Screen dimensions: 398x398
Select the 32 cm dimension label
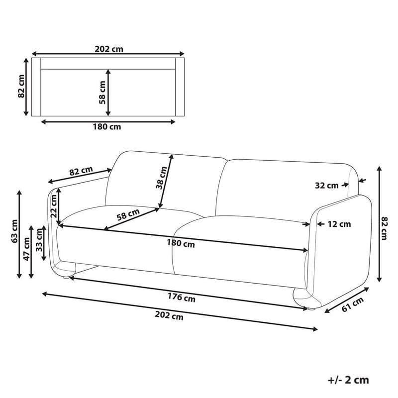click(x=326, y=186)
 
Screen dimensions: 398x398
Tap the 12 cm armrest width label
click(x=339, y=224)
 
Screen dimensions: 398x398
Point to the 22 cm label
click(x=54, y=205)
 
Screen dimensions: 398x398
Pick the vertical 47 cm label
click(x=26, y=249)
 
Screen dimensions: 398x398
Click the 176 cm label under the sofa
click(x=182, y=298)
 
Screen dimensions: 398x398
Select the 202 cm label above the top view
click(x=108, y=49)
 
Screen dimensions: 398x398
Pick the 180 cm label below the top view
click(x=107, y=126)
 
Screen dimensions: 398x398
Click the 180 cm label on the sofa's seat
click(x=181, y=244)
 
